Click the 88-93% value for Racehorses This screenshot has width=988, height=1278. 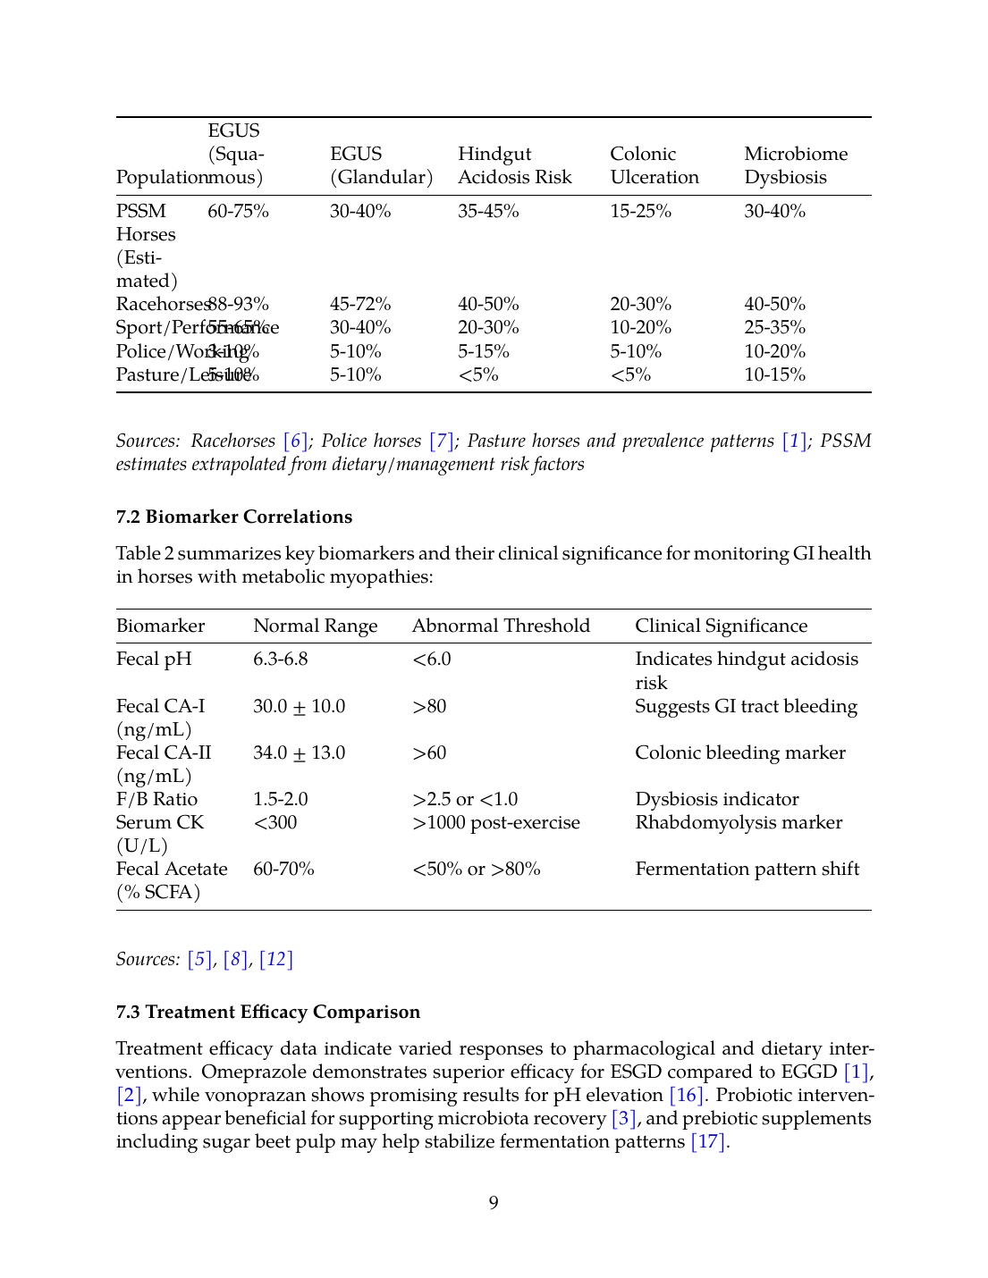click(240, 305)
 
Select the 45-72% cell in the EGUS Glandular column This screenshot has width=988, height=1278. click(360, 305)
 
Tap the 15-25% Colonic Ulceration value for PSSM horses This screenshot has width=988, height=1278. click(640, 212)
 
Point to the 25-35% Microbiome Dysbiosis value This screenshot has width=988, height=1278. click(774, 328)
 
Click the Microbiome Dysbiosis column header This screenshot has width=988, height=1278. click(796, 166)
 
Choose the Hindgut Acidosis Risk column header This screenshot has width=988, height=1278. click(514, 166)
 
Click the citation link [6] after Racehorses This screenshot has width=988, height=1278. click(296, 441)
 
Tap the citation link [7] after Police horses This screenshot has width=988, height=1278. click(442, 441)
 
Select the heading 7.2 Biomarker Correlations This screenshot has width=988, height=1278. click(234, 517)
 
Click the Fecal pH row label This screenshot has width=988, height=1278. click(154, 660)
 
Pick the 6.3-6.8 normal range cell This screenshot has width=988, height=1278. click(280, 660)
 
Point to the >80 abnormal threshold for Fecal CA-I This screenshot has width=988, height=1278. click(429, 707)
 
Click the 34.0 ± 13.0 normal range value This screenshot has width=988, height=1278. click(299, 753)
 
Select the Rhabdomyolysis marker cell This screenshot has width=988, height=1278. click(739, 823)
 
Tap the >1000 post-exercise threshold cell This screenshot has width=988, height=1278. click(496, 823)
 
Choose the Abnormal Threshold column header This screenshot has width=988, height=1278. click(501, 626)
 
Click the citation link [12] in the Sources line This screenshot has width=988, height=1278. click(276, 960)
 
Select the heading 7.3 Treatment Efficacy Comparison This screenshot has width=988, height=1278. click(268, 1012)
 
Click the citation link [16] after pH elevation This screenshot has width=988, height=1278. click(686, 1096)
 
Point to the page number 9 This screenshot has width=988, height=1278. click(494, 1203)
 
